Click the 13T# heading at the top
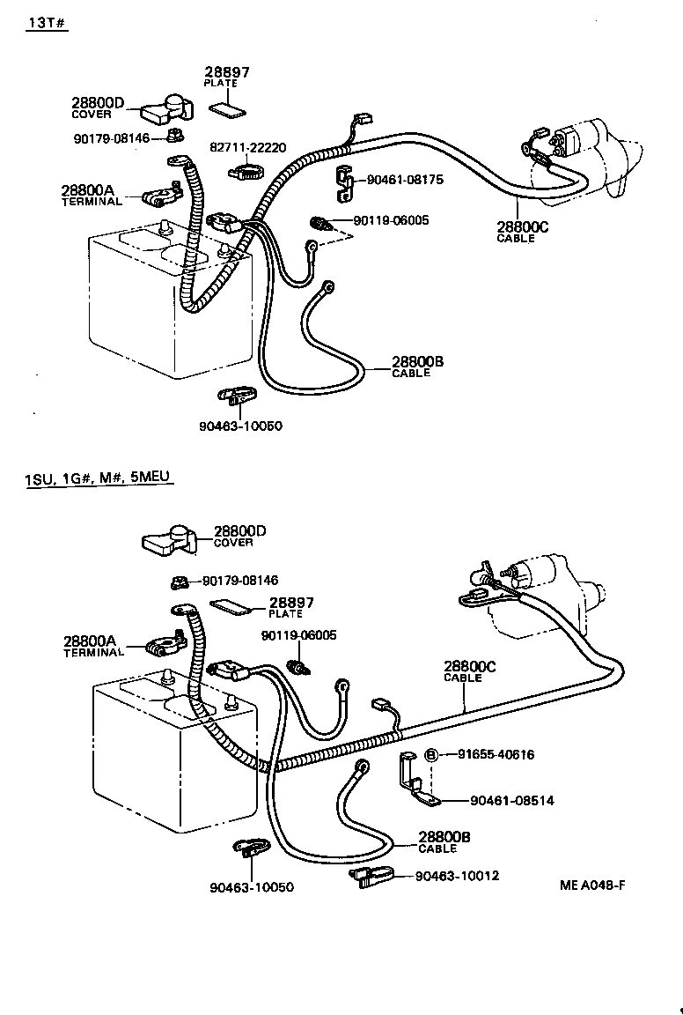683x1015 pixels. pos(47,23)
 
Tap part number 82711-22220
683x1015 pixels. pos(247,147)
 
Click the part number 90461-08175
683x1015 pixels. pos(404,180)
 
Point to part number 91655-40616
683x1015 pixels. pos(496,754)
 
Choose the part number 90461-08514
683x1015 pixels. pos(512,801)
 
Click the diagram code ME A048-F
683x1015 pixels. pos(591,886)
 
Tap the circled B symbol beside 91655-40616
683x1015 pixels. pos(432,755)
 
